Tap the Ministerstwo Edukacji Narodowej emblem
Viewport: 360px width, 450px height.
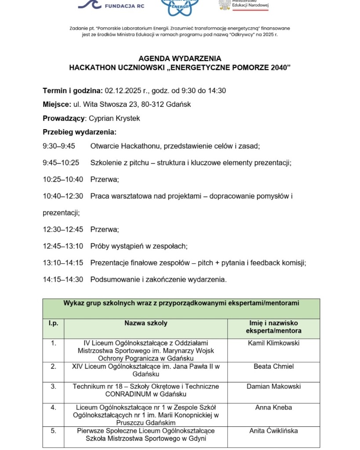[224, 4]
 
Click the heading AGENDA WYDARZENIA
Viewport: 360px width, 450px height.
[180, 58]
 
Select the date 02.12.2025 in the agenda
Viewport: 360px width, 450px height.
[125, 91]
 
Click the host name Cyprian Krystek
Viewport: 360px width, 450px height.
[115, 118]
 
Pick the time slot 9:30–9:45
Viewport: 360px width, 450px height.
[59, 146]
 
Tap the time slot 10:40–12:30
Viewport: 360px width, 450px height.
[63, 196]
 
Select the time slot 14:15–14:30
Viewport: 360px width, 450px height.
[63, 279]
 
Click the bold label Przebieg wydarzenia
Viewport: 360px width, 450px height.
[80, 132]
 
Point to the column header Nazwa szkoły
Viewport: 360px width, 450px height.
[145, 323]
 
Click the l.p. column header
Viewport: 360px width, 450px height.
[53, 323]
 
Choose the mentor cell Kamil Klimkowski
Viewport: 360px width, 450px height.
[273, 343]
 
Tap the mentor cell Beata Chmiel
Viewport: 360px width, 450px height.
[273, 366]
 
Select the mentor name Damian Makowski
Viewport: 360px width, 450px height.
[273, 386]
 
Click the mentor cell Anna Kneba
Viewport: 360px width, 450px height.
[273, 407]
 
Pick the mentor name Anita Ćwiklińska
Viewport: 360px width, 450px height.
[273, 431]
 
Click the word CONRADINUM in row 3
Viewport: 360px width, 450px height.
[128, 394]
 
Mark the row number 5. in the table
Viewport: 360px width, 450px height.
[53, 431]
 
